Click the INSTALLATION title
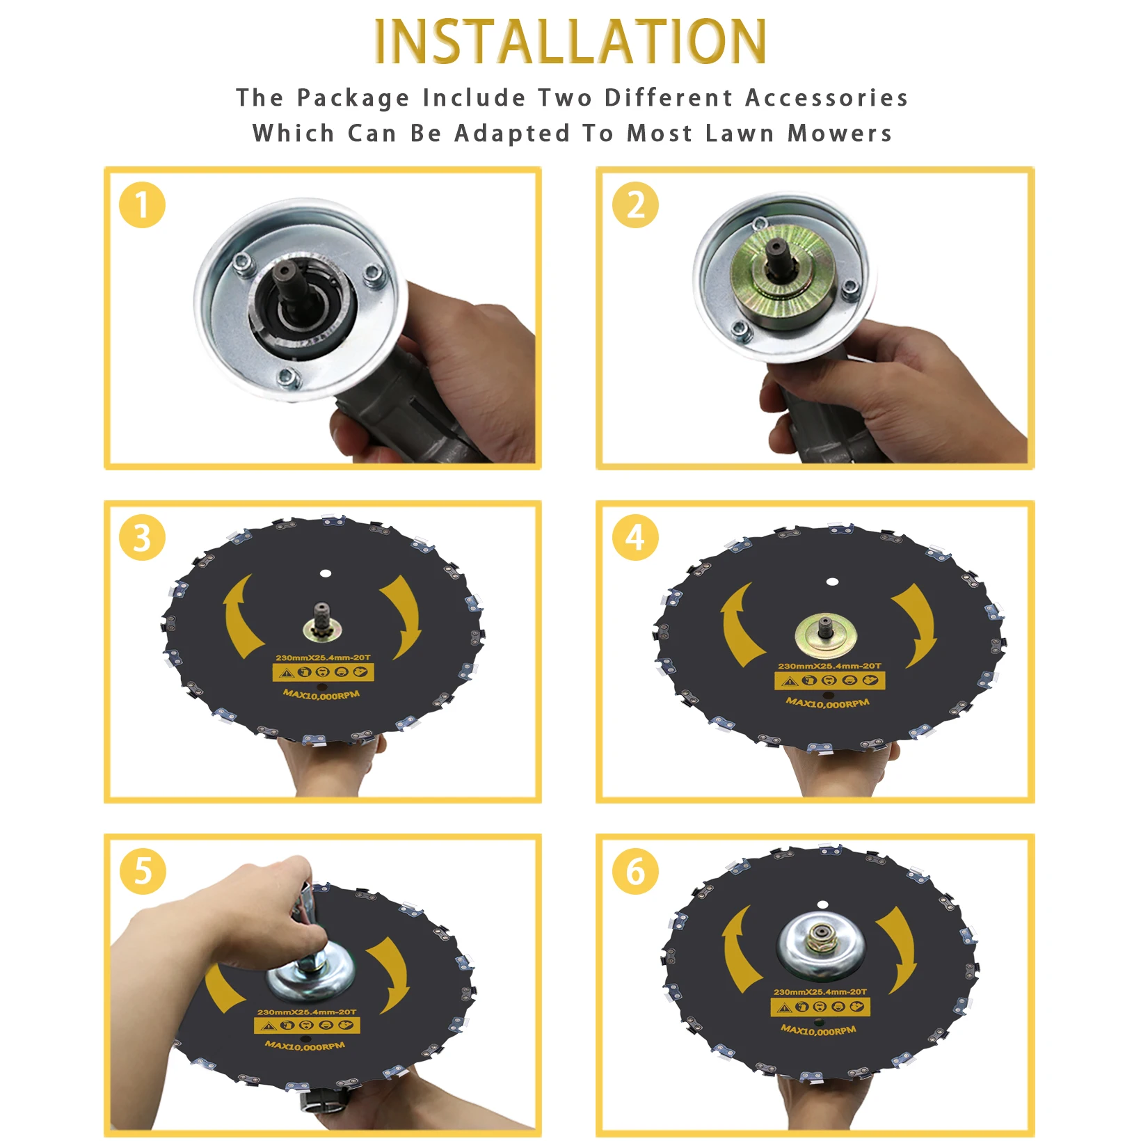click(570, 41)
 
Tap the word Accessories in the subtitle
click(827, 98)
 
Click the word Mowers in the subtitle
click(840, 133)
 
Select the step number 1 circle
click(142, 205)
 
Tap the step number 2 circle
click(635, 205)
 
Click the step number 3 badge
click(142, 538)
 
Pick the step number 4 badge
click(635, 538)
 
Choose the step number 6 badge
click(635, 871)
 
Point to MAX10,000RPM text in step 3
click(321, 694)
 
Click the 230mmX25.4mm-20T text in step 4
click(829, 666)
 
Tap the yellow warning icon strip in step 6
click(820, 1007)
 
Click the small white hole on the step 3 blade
click(325, 574)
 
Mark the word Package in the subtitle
click(353, 99)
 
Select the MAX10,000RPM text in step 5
click(305, 1045)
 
